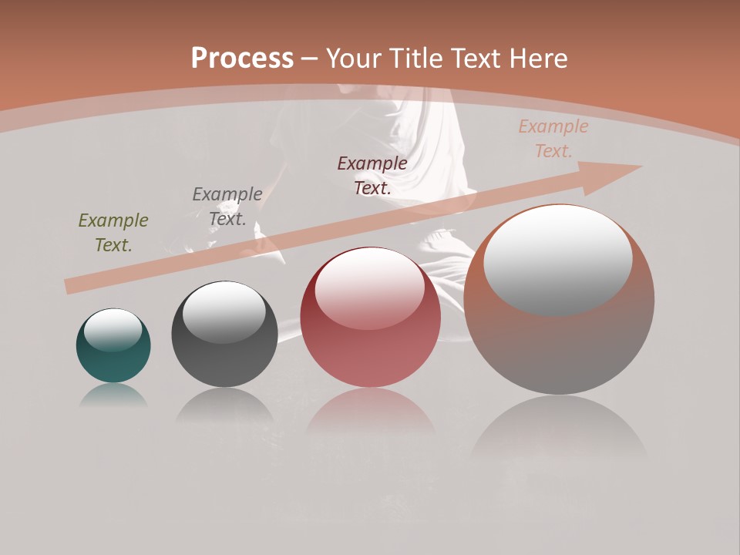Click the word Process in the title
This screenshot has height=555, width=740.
point(242,59)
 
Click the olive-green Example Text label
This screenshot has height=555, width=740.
point(113,232)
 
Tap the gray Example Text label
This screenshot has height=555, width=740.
point(227,206)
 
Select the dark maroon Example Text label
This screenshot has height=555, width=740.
point(372,175)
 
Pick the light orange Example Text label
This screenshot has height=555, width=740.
point(553,139)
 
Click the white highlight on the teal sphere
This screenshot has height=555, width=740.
point(113,330)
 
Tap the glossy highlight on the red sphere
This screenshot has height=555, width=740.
point(370,288)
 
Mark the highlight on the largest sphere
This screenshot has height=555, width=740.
point(558,258)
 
